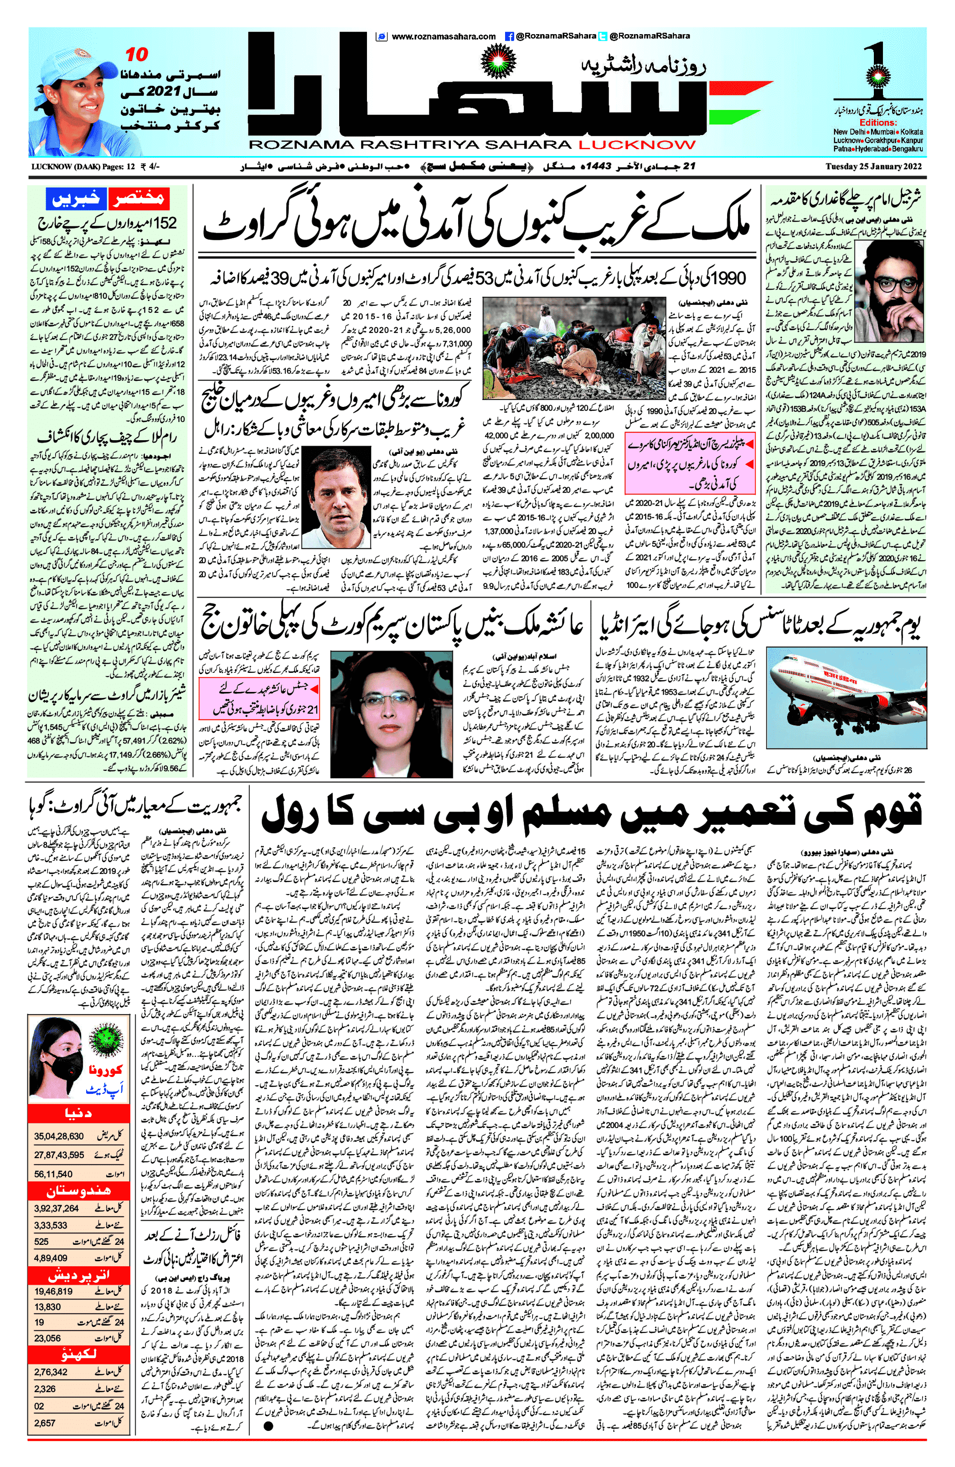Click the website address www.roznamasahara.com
point(444,36)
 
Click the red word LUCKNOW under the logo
point(636,145)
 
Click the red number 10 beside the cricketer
point(136,55)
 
